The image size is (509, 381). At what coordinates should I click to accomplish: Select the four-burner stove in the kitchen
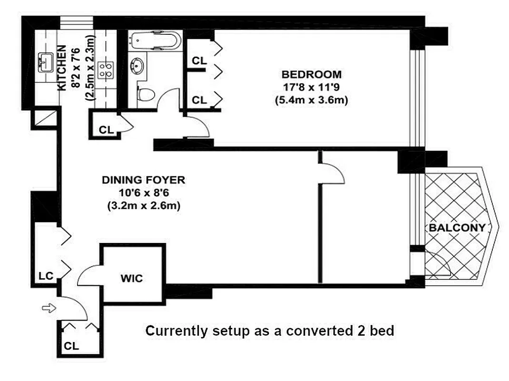click(104, 70)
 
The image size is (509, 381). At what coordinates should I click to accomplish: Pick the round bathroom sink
click(139, 65)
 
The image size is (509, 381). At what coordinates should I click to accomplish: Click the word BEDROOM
click(311, 74)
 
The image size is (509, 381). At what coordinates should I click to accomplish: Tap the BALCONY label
click(457, 228)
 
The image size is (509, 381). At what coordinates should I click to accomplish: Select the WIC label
click(132, 279)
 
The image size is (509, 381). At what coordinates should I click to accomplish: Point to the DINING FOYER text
click(143, 180)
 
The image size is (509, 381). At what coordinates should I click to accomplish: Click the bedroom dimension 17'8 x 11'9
click(311, 87)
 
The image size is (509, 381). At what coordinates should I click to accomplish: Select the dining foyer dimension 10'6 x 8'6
click(143, 193)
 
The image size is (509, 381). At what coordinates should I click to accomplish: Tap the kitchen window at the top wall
click(76, 22)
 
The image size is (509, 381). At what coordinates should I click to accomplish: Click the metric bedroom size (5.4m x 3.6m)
click(311, 100)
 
